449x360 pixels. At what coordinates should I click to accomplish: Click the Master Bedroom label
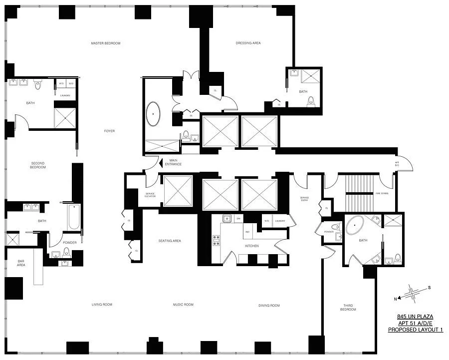coord(105,43)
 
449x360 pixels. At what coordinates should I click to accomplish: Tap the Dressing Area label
coord(248,43)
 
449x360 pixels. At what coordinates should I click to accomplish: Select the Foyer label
coord(109,131)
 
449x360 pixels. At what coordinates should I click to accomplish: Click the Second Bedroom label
coord(38,165)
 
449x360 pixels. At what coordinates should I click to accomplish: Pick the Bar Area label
coord(20,264)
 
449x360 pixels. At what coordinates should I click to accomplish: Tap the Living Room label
coord(102,305)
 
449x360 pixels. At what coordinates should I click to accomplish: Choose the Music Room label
coord(183,305)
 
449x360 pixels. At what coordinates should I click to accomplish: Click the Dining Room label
coord(269,305)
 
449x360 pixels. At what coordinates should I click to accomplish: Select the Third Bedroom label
coord(349,307)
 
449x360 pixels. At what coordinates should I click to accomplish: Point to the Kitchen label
coord(251,246)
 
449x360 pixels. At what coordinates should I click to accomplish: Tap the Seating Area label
coord(170,241)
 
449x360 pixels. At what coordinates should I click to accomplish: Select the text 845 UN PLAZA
coord(415,317)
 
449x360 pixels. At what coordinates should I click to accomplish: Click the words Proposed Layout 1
coord(415,330)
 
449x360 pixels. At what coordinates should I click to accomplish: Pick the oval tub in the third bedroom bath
coord(355,226)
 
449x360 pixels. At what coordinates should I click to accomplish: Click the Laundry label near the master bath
coord(65,95)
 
